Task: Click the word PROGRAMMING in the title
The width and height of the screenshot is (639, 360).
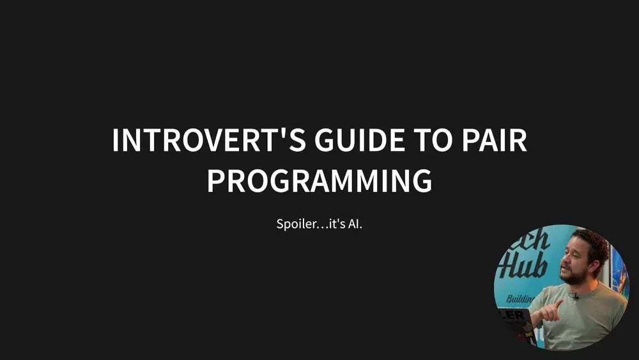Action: point(319,180)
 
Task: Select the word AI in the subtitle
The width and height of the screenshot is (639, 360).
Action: point(355,225)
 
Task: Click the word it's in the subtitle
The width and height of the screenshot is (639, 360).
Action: point(336,225)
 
